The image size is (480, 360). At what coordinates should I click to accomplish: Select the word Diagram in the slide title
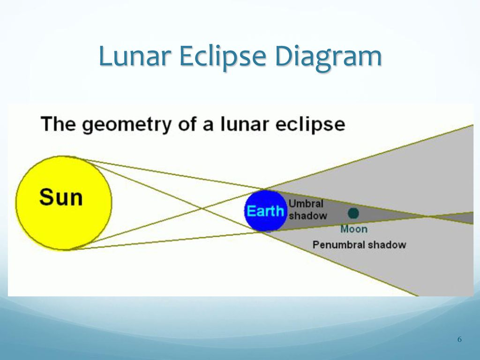pyautogui.click(x=328, y=57)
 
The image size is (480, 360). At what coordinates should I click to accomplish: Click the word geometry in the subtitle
pyautogui.click(x=127, y=125)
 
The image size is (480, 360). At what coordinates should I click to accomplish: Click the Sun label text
pyautogui.click(x=61, y=197)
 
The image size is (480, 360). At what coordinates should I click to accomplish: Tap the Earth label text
pyautogui.click(x=265, y=211)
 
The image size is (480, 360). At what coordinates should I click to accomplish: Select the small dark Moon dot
pyautogui.click(x=353, y=213)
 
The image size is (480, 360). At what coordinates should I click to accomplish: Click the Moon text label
pyautogui.click(x=354, y=229)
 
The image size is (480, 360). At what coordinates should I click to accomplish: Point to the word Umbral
pyautogui.click(x=306, y=203)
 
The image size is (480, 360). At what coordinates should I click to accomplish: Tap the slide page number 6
pyautogui.click(x=459, y=339)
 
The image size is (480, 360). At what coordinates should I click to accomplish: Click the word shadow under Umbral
pyautogui.click(x=308, y=216)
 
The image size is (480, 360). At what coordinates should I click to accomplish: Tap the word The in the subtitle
pyautogui.click(x=58, y=124)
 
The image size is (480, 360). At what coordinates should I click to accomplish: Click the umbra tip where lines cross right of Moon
pyautogui.click(x=427, y=217)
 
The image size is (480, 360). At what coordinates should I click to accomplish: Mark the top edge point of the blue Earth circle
pyautogui.click(x=265, y=190)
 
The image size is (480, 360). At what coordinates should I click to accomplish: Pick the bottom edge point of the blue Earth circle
pyautogui.click(x=265, y=231)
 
